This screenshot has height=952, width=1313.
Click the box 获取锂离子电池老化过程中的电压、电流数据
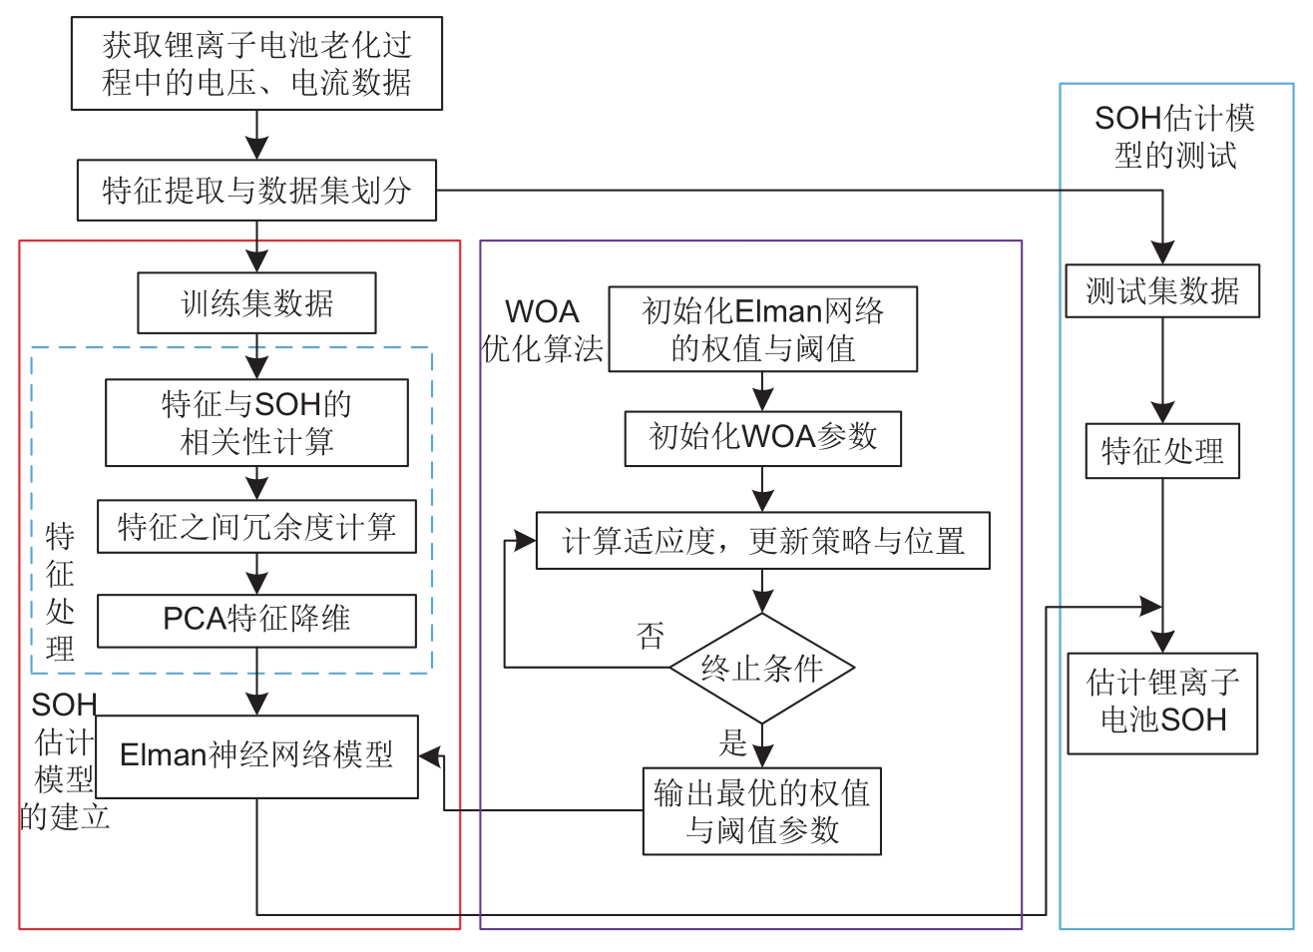tap(256, 63)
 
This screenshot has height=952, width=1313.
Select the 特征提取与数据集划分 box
tap(256, 190)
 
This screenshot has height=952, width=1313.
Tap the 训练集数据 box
tap(256, 303)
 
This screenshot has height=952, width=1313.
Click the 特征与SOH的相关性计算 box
tap(256, 422)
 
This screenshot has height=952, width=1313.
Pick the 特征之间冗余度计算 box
tap(256, 527)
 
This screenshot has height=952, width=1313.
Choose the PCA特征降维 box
tap(256, 620)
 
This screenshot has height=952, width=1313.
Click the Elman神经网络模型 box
tap(256, 755)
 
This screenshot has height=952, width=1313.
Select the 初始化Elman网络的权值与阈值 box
tap(762, 329)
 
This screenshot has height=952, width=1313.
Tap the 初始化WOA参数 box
tap(762, 437)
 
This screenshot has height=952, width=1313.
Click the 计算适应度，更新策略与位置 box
tap(762, 541)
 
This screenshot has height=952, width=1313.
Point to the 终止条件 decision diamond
tap(762, 669)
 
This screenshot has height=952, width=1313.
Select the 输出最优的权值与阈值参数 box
tap(762, 811)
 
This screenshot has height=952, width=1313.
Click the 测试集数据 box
tap(1162, 291)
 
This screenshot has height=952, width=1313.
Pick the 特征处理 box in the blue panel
tap(1162, 451)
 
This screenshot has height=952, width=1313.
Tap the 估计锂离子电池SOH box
tap(1162, 703)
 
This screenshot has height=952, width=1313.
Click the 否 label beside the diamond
tap(651, 635)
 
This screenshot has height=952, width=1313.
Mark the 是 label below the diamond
tap(733, 741)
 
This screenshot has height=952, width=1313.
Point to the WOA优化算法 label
tap(543, 330)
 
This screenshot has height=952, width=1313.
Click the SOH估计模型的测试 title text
tap(1174, 137)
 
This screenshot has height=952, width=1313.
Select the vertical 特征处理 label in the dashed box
tap(60, 592)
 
